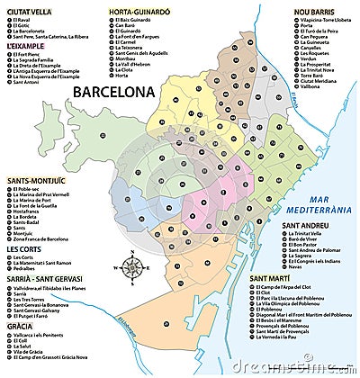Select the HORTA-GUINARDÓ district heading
click(x=137, y=12)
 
